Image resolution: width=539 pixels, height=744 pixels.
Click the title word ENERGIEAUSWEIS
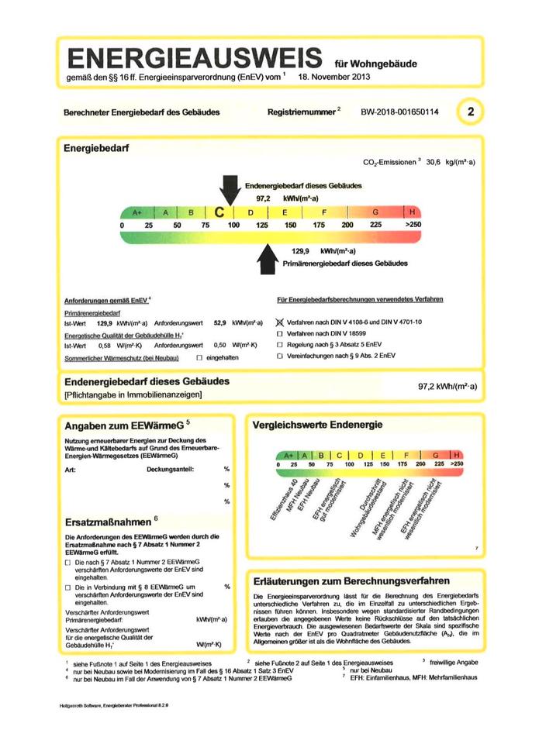[x=195, y=58]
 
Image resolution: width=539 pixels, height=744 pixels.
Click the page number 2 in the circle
[x=471, y=112]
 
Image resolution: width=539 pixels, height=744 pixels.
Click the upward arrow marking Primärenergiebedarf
[x=267, y=258]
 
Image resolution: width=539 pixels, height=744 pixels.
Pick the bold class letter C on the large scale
[x=219, y=212]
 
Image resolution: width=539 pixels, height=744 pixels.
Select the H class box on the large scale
[x=412, y=212]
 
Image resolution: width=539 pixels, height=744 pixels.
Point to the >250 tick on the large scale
[x=412, y=225]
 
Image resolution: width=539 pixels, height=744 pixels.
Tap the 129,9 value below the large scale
[x=301, y=251]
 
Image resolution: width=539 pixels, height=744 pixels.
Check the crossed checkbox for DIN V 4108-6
[x=280, y=321]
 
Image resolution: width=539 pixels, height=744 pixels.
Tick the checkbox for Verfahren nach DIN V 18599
[x=280, y=332]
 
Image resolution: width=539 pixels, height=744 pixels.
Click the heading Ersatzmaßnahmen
[x=108, y=520]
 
